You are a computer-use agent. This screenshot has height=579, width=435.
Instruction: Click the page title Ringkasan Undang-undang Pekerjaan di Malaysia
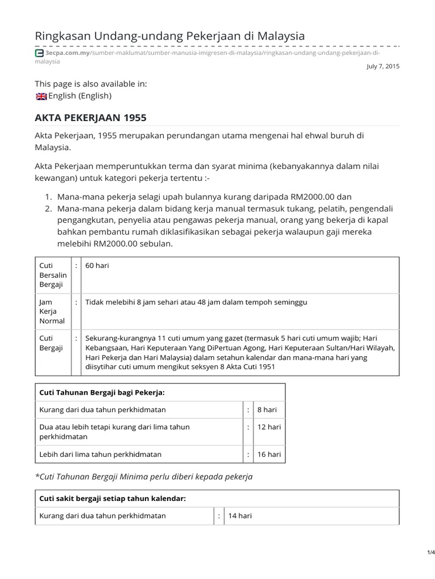170,36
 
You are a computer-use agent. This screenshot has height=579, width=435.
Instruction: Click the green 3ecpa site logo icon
39,53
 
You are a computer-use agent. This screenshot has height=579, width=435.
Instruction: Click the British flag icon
41,96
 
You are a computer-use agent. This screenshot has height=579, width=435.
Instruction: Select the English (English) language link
80,96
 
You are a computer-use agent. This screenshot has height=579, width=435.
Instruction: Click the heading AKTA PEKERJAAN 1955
91,118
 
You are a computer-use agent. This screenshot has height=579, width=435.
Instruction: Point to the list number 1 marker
49,197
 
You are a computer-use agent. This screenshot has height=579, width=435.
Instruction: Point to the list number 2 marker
49,208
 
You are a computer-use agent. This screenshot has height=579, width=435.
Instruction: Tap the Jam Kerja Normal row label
52,312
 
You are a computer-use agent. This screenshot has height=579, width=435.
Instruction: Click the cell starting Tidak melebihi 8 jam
196,303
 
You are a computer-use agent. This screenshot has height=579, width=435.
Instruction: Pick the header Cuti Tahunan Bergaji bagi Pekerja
101,392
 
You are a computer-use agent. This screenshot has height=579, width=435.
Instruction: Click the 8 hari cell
267,409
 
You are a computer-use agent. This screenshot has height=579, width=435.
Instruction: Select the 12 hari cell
269,427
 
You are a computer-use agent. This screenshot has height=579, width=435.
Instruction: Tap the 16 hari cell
269,454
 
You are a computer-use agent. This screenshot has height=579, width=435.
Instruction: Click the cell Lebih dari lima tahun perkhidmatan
100,454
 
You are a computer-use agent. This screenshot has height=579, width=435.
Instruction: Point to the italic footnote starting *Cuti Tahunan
144,477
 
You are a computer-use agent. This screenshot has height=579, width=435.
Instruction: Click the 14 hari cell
240,516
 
